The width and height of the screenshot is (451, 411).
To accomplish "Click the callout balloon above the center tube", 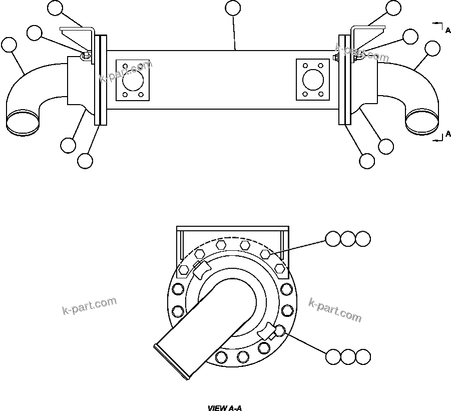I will [233, 8].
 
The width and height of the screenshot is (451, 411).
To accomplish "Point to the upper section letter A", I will [447, 31].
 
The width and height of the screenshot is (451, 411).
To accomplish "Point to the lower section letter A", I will [447, 135].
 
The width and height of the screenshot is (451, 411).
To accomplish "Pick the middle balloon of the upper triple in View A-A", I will [348, 239].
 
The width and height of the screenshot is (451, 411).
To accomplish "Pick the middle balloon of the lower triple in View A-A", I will [348, 356].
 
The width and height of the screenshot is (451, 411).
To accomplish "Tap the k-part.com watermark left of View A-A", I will [90, 305].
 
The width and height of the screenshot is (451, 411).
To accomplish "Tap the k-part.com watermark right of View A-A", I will [335, 310].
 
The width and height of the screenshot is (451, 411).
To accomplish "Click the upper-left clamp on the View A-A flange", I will [202, 270].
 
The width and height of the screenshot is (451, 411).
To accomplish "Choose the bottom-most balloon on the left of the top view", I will [85, 161].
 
